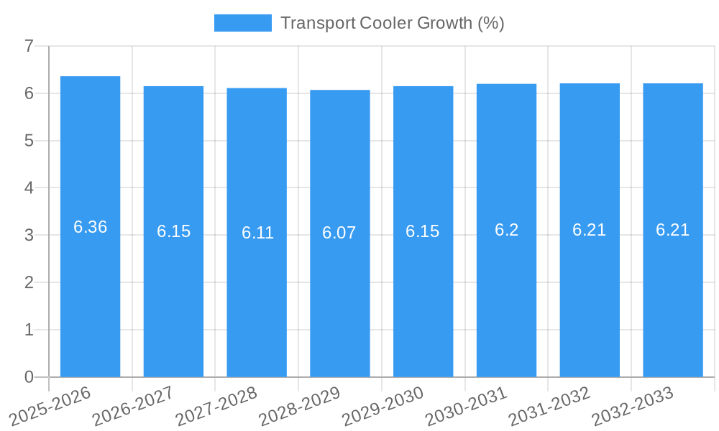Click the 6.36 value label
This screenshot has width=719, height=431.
click(x=90, y=227)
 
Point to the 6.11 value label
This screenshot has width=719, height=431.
click(x=257, y=233)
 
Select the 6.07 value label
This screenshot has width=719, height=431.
click(x=339, y=233)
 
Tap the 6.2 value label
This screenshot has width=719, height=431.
click(x=506, y=230)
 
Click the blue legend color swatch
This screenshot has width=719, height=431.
click(x=243, y=23)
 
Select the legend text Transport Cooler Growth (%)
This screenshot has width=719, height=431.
click(x=392, y=23)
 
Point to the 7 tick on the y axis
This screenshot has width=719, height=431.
click(x=29, y=47)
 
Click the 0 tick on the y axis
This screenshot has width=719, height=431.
click(x=29, y=377)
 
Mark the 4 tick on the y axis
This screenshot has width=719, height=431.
click(x=29, y=188)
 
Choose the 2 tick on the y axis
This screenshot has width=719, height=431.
click(x=29, y=282)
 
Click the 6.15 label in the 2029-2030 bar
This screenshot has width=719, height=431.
click(x=423, y=231)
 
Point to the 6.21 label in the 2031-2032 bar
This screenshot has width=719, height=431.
click(x=590, y=230)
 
